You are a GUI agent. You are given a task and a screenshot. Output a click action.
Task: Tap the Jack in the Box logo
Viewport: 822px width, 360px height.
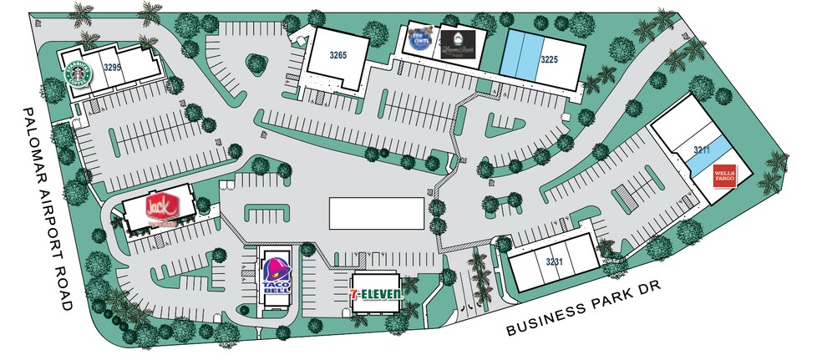(x=158, y=208)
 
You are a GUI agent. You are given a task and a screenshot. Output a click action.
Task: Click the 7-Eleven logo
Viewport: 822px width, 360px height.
(x=377, y=292)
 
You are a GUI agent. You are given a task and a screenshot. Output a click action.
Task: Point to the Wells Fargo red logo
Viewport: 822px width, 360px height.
(x=723, y=176)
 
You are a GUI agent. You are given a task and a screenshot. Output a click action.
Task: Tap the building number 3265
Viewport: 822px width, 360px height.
(x=337, y=55)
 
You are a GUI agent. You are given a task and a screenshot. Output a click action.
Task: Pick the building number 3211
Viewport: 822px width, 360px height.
(x=702, y=150)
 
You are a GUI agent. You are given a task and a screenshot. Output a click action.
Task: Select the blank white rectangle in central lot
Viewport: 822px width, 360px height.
(x=375, y=212)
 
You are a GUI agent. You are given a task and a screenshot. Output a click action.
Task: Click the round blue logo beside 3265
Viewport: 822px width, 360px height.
(x=419, y=40)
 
